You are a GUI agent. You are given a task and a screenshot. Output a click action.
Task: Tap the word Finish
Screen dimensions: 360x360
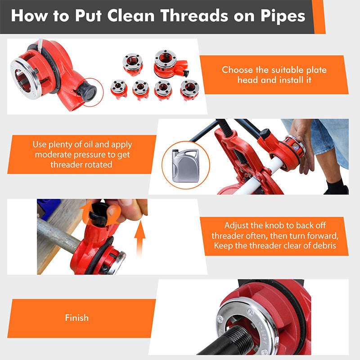[x=76, y=318]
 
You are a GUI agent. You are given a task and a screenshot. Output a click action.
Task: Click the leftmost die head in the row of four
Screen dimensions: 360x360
[x=119, y=89]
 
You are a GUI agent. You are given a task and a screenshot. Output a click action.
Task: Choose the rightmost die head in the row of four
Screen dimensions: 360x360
[x=189, y=89]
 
